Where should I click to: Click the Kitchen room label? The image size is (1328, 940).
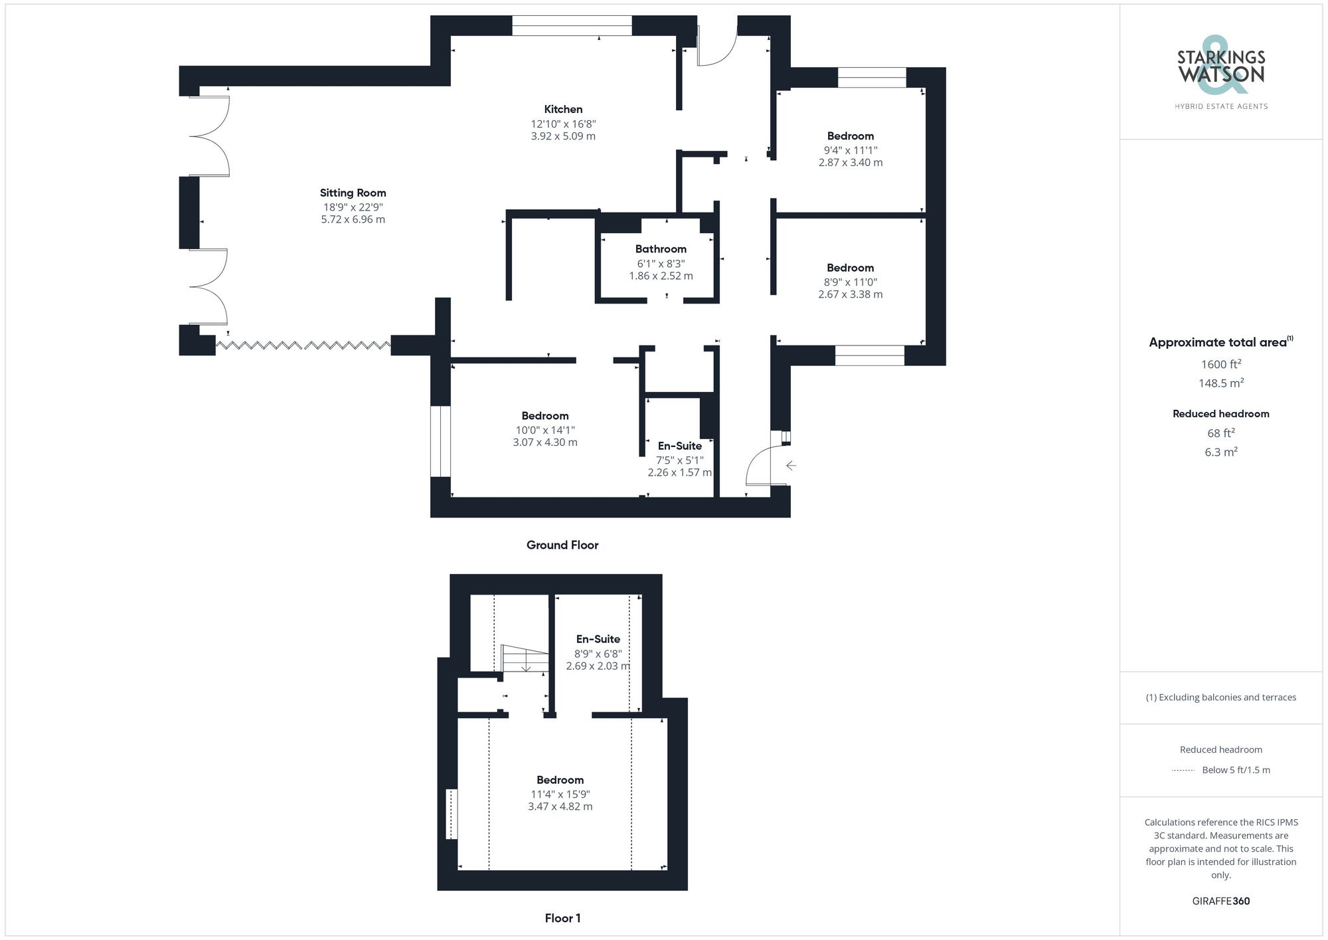pos(563,109)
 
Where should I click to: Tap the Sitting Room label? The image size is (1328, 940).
pos(353,193)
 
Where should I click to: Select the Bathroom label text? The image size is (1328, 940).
pos(661,249)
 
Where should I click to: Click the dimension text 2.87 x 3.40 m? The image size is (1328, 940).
pos(851,162)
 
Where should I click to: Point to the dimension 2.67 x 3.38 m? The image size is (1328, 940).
pos(851,294)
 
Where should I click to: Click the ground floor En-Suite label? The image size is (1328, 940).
pos(679,446)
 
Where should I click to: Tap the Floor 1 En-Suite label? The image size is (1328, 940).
pos(598,639)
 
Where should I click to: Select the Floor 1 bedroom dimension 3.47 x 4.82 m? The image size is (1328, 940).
pos(560,806)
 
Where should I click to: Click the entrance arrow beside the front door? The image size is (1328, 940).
pos(791,466)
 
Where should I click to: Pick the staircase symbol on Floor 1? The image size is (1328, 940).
pos(525,659)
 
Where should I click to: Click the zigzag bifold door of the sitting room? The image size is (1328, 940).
pos(303,345)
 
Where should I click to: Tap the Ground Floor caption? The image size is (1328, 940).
pos(562,545)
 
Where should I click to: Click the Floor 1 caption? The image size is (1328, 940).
pos(562,918)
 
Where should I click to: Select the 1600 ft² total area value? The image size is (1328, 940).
pos(1221,364)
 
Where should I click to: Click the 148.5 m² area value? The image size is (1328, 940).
pos(1221,383)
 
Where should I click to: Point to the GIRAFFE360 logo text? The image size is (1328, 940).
pos(1221,901)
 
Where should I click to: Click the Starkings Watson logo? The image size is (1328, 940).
pos(1221,70)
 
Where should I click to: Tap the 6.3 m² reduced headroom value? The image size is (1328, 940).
pos(1221,452)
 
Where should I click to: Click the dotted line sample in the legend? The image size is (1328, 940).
pos(1183,771)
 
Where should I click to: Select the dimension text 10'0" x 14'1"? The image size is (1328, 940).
pos(545,430)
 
